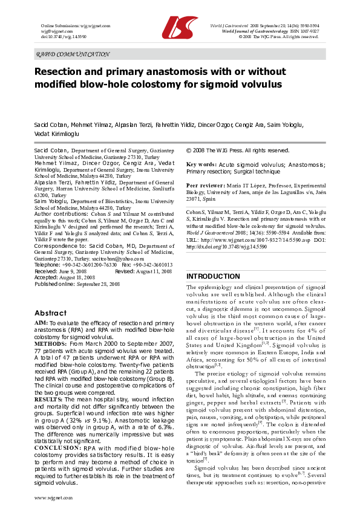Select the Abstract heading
point(50,313)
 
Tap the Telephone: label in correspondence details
point(47,265)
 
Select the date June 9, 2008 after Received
point(69,271)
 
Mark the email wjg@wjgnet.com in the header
point(54,32)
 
